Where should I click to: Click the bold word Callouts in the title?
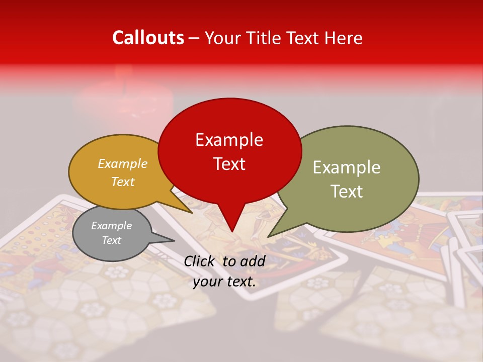[148, 38]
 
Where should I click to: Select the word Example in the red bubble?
[229, 140]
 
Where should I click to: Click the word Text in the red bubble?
[229, 163]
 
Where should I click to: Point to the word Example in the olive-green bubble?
[346, 167]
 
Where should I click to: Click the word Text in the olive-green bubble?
[347, 191]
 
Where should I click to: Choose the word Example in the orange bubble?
[122, 163]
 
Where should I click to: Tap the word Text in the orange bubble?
[122, 182]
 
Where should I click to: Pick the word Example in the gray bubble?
[111, 226]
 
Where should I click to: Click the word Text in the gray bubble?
[111, 240]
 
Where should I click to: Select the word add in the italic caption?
[253, 261]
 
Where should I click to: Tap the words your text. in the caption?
[224, 282]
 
